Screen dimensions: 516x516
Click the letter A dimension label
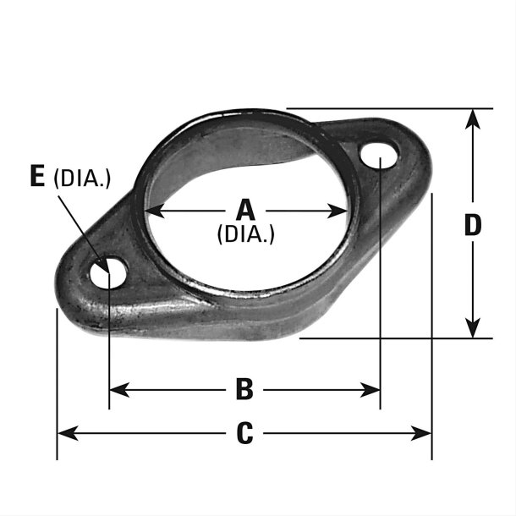click(244, 208)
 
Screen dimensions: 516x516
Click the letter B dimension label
click(244, 389)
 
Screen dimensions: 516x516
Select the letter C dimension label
click(244, 433)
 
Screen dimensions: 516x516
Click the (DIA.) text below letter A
click(245, 234)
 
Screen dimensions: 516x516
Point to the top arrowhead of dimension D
click(473, 118)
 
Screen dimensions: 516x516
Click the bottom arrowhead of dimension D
click(473, 328)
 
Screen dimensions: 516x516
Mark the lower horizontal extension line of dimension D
click(398, 338)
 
